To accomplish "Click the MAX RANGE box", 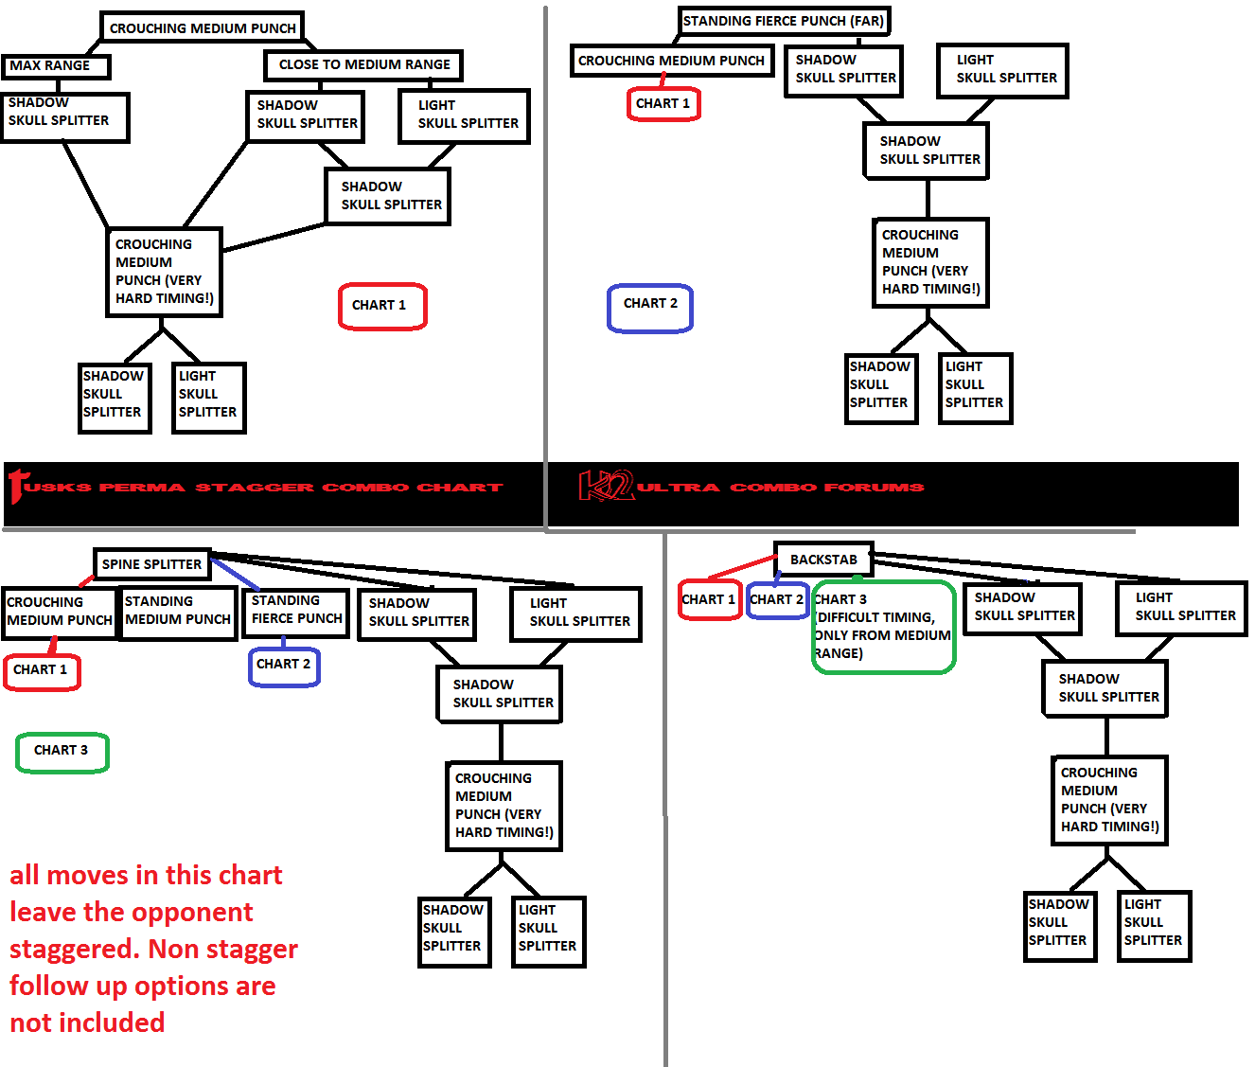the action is pyautogui.click(x=56, y=66).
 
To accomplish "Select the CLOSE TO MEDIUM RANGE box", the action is pyautogui.click(x=363, y=65).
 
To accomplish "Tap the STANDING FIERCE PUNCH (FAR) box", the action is pyautogui.click(x=784, y=21).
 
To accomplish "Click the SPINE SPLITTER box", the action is pyautogui.click(x=152, y=564).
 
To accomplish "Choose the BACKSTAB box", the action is pyautogui.click(x=824, y=560).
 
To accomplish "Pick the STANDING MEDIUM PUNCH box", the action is pyautogui.click(x=178, y=613).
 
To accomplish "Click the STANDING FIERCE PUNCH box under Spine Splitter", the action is pyautogui.click(x=296, y=613).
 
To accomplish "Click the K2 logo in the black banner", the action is pyautogui.click(x=606, y=486).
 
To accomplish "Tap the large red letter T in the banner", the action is pyautogui.click(x=17, y=486).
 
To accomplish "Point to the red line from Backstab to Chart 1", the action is pyautogui.click(x=741, y=567).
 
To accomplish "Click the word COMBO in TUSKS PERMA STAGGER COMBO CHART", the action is pyautogui.click(x=365, y=487).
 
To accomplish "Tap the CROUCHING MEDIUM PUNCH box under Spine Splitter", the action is pyautogui.click(x=59, y=613).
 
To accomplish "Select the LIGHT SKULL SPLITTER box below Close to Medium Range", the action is pyautogui.click(x=465, y=116).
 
